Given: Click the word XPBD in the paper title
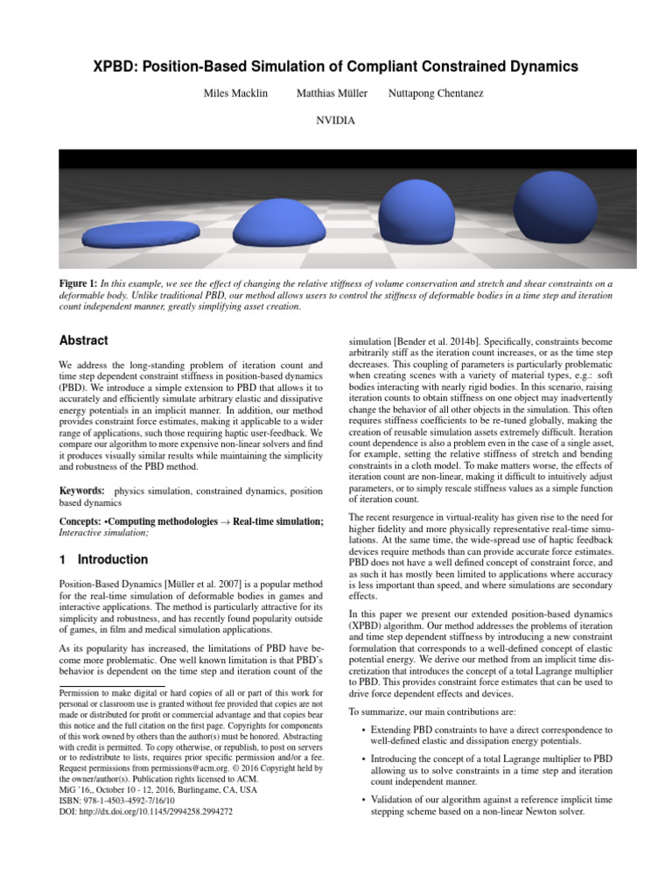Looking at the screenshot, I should (x=118, y=66).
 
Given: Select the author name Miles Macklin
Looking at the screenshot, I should (x=235, y=94).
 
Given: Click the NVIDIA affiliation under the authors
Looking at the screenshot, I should (x=335, y=120).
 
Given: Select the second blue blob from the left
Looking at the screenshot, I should (x=278, y=222).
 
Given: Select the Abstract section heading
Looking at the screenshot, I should (x=84, y=340).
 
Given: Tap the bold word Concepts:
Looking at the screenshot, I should (x=80, y=521).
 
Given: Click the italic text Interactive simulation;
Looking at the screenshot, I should (x=103, y=532).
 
